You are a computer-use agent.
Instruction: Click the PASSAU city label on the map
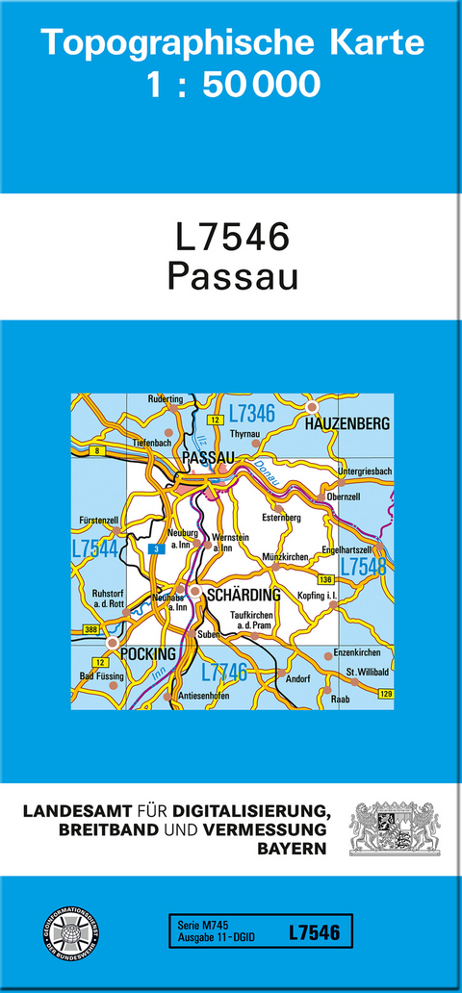(x=208, y=456)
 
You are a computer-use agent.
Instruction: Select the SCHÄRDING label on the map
(x=244, y=595)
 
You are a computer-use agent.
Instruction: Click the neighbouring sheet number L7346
(x=252, y=415)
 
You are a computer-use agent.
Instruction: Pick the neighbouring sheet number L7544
(x=94, y=548)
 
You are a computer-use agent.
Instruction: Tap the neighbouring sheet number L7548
(x=363, y=567)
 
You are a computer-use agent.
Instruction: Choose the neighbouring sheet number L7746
(x=223, y=673)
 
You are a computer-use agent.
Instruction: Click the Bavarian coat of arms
(x=394, y=828)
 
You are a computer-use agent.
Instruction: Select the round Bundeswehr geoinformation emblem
(x=72, y=933)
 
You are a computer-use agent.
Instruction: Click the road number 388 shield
(x=91, y=629)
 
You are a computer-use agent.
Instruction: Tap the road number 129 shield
(x=386, y=694)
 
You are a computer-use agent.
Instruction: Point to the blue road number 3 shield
(x=153, y=549)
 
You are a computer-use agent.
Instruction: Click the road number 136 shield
(x=325, y=579)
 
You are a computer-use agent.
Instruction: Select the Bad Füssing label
(x=101, y=676)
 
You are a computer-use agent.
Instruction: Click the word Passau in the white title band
(x=232, y=275)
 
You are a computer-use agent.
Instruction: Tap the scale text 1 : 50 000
(x=233, y=85)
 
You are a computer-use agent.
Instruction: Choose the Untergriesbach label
(x=365, y=471)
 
